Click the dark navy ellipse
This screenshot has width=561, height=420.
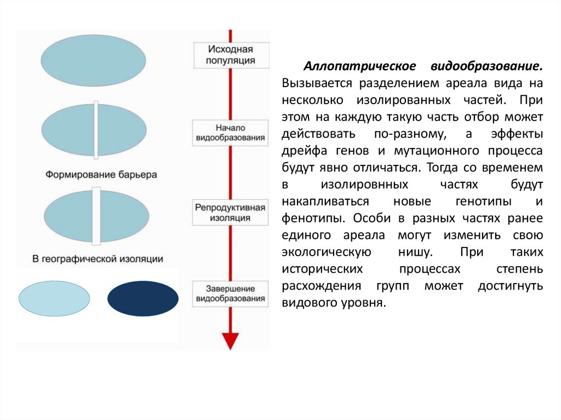(x=142, y=298)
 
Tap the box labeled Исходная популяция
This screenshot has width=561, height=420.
(x=231, y=55)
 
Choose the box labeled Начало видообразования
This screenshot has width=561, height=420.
(x=231, y=131)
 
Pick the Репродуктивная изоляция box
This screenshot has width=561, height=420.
(x=231, y=212)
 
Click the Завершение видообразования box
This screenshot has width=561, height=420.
(x=231, y=293)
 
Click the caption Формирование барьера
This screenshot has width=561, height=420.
(x=101, y=175)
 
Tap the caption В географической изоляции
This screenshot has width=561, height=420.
(x=97, y=257)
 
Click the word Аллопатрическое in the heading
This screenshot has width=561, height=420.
(x=351, y=67)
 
